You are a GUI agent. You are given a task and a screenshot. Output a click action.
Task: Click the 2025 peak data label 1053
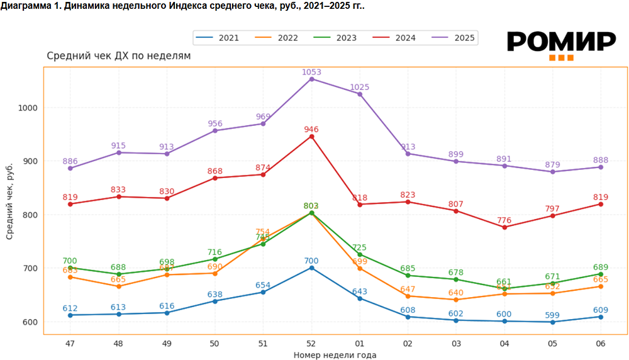point(311,72)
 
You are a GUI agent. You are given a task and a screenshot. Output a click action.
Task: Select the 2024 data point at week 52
point(311,137)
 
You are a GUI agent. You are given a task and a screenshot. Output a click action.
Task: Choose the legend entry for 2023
point(346,38)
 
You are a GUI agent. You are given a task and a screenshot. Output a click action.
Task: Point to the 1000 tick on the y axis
point(28,108)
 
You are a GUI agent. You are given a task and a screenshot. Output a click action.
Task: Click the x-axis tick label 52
point(311,343)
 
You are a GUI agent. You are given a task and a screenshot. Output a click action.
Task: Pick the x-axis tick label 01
point(360,343)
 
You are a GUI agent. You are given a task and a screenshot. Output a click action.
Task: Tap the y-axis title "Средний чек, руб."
point(9,196)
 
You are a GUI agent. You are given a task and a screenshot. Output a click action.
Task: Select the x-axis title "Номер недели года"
point(335,355)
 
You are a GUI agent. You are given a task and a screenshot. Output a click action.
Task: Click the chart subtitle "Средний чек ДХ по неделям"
point(118,56)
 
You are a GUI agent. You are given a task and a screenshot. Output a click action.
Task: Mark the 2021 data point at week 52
point(311,268)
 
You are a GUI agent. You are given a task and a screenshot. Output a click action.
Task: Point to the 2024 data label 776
point(504,220)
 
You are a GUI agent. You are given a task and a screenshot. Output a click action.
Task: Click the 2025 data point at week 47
point(70,168)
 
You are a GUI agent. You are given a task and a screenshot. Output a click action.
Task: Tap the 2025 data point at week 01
point(360,94)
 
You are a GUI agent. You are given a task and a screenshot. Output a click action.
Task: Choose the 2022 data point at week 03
point(456,300)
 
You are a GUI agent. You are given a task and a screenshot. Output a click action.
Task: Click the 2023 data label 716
point(215,252)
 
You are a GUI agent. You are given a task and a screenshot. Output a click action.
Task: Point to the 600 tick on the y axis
point(30,322)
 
